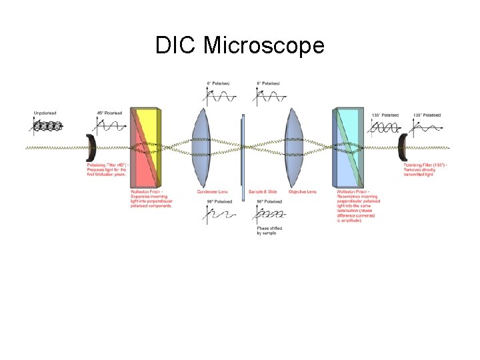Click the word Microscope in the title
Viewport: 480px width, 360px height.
tap(263, 46)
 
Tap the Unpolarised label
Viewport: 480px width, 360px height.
tap(46, 113)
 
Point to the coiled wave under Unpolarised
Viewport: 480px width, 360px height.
tap(47, 125)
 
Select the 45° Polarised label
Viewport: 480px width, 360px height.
tap(109, 113)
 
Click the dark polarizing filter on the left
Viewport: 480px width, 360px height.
tap(91, 147)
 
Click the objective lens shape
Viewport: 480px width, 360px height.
tap(294, 147)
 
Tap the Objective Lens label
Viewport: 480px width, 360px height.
tap(302, 192)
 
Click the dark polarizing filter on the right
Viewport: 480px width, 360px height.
tap(403, 147)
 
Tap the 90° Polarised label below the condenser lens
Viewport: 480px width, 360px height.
tap(219, 201)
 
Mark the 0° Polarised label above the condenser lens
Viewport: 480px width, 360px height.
tap(218, 83)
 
